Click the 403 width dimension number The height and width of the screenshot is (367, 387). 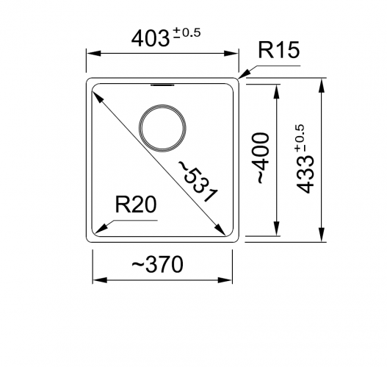[151, 39]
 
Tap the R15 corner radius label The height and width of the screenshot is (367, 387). [279, 50]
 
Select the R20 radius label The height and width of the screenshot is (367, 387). [136, 204]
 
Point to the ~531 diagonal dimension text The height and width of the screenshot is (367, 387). [198, 181]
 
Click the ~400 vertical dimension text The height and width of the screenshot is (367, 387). [262, 158]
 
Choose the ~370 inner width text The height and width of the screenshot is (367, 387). [157, 265]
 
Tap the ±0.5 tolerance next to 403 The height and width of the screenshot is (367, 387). [187, 32]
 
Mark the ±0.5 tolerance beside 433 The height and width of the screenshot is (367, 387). [300, 138]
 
